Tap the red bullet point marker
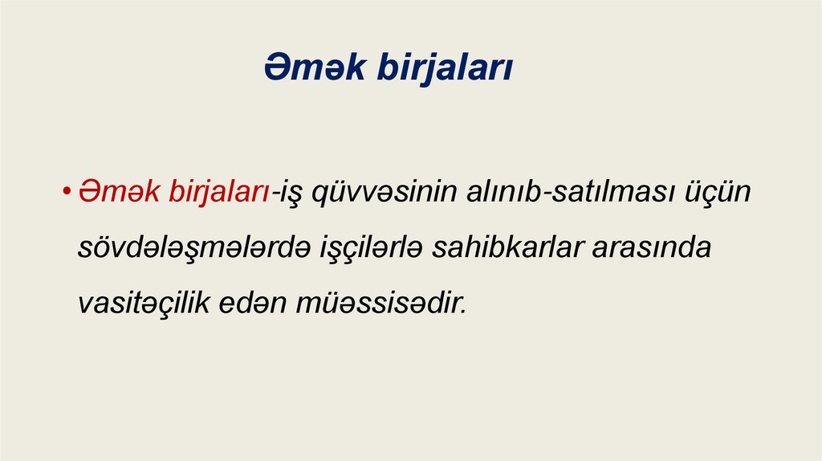[x=69, y=194]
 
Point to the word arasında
[x=652, y=248]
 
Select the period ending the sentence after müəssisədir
[x=462, y=312]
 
